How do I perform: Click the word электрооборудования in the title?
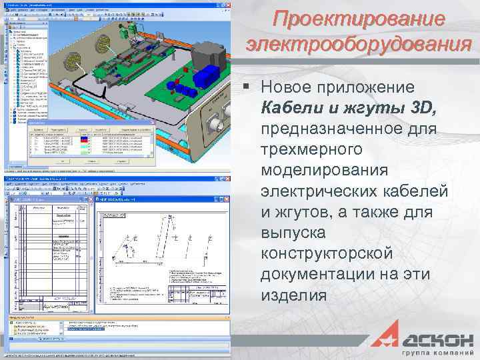coord(359,45)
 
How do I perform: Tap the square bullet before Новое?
coord(248,87)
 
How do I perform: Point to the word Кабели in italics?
coord(287,107)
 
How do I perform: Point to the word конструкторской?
coord(327,254)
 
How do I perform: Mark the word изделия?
coord(294,296)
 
